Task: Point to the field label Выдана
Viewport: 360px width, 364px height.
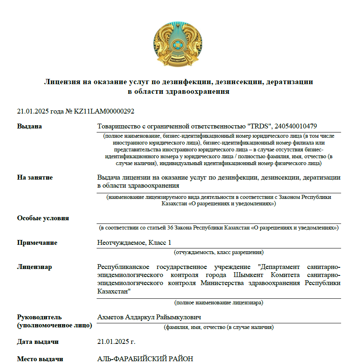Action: (x=29, y=126)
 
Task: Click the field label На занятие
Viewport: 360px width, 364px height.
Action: (x=35, y=177)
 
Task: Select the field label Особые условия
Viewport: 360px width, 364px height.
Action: (x=43, y=218)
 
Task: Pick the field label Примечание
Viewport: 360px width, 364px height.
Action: (x=37, y=242)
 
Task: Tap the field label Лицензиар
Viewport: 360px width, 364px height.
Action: (x=34, y=267)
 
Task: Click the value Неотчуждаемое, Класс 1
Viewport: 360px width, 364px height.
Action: (x=134, y=242)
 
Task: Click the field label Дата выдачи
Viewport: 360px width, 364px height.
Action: (x=38, y=342)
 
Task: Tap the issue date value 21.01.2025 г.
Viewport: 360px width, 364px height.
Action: (x=116, y=342)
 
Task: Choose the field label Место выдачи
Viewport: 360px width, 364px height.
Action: (x=40, y=359)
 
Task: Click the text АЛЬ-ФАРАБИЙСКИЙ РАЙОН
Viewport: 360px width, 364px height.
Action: (x=145, y=359)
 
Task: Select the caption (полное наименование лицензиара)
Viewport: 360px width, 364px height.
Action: (x=219, y=302)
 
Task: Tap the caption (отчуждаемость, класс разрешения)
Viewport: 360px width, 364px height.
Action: (x=219, y=252)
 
